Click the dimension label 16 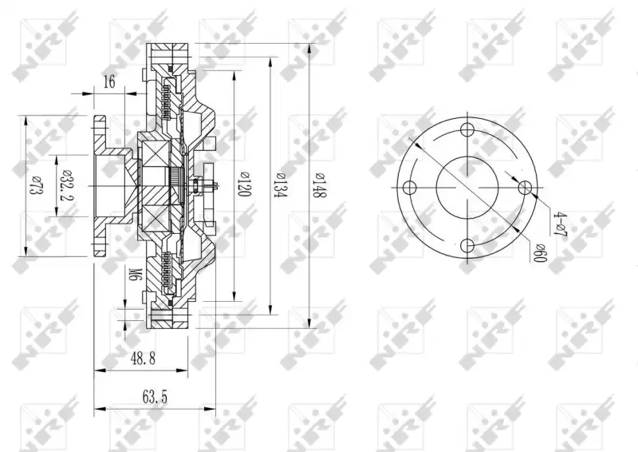pyautogui.click(x=109, y=81)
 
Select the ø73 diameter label pyautogui.click(x=36, y=185)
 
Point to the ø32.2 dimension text pyautogui.click(x=65, y=186)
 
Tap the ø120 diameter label pyautogui.click(x=244, y=184)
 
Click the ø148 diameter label pyautogui.click(x=321, y=185)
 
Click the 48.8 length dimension pyautogui.click(x=143, y=359)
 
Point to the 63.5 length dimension pyautogui.click(x=155, y=397)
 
